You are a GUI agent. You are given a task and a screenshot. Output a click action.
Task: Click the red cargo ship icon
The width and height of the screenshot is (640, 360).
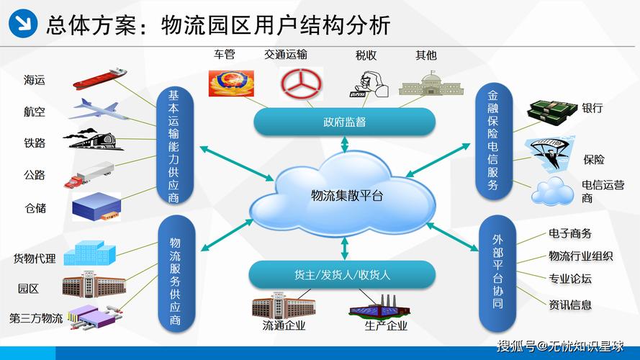[x=99, y=78]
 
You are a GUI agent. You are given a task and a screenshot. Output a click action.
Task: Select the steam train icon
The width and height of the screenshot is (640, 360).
[x=93, y=140]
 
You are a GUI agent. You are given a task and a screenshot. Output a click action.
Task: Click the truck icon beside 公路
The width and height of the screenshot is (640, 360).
[x=89, y=175]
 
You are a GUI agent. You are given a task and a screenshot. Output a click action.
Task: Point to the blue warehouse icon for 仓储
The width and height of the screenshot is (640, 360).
[x=96, y=207]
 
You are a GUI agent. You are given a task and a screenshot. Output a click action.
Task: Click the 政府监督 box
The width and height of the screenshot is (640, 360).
[x=345, y=122]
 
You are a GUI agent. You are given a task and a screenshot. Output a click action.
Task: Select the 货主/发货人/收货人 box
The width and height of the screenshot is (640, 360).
[x=342, y=275]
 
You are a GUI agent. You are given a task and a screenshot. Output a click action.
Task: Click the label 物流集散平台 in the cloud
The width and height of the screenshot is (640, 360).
[x=347, y=196]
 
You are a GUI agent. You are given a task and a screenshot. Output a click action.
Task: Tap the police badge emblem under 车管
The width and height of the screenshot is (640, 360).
[x=231, y=84]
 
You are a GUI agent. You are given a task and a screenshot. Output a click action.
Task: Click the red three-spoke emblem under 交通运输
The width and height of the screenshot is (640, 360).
[x=301, y=84]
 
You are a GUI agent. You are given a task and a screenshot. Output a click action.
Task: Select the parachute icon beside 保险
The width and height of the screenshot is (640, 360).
[x=550, y=154]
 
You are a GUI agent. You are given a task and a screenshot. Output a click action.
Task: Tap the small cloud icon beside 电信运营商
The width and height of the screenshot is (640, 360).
[x=552, y=191]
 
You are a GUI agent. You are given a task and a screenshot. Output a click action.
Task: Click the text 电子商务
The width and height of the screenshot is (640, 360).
[x=569, y=233]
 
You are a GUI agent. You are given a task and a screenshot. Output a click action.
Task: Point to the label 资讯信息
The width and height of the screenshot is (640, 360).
[x=569, y=305]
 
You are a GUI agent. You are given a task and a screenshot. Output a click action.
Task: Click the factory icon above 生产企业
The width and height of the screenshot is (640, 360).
[x=379, y=307]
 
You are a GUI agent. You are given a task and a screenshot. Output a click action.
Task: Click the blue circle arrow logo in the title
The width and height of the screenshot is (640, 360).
[x=23, y=23]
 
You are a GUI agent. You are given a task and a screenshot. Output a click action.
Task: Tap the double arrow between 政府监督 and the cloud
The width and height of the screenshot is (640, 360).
[x=345, y=145]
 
